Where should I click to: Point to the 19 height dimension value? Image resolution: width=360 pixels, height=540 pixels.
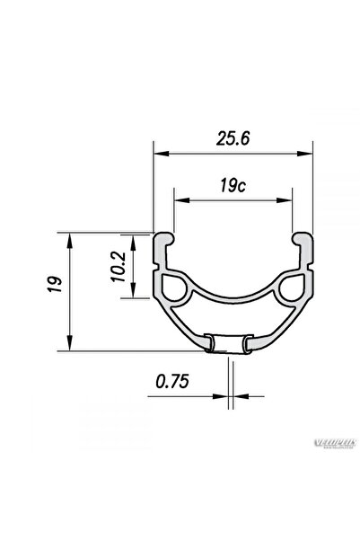(x=55, y=288)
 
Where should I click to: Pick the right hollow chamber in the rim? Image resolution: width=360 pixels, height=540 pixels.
(x=294, y=288)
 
